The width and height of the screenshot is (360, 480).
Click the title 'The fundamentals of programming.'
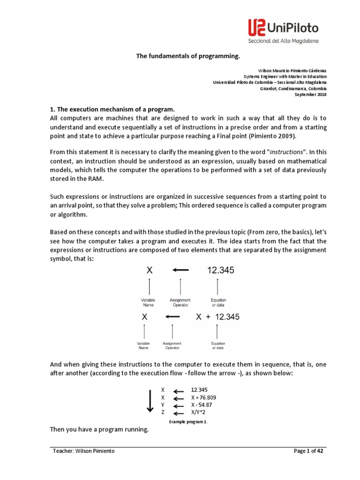(x=188, y=56)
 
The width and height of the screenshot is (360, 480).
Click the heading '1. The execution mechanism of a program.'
(x=112, y=108)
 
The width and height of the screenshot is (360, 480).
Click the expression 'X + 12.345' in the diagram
(x=217, y=317)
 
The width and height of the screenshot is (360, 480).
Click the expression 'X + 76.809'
(x=203, y=397)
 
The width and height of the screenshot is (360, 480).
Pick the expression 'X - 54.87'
(x=202, y=405)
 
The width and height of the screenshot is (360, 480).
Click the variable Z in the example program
(x=163, y=412)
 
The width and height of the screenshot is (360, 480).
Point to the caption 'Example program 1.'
(x=188, y=422)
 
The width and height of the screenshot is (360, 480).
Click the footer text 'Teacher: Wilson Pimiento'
(x=83, y=451)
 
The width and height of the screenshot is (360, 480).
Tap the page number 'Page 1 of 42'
(x=308, y=451)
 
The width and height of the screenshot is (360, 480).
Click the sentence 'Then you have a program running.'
(x=99, y=429)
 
